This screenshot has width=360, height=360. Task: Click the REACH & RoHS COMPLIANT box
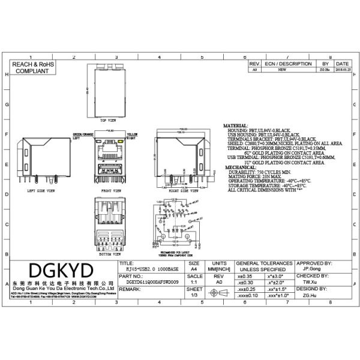pyautogui.click(x=32, y=67)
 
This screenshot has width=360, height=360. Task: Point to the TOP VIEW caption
pyautogui.click(x=107, y=120)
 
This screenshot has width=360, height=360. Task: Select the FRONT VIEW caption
pyautogui.click(x=108, y=190)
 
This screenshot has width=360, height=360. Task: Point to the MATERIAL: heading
pyautogui.click(x=235, y=126)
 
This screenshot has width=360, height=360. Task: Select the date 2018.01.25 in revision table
pyautogui.click(x=342, y=70)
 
